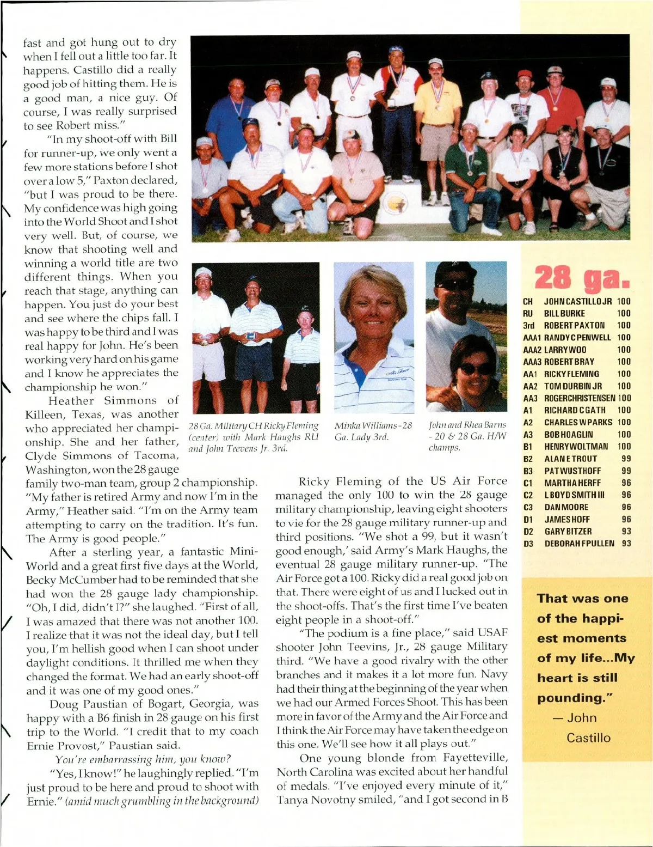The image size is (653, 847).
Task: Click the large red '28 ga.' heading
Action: point(582,278)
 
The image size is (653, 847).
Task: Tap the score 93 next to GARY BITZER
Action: point(626,531)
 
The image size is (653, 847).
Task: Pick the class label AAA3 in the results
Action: point(531,362)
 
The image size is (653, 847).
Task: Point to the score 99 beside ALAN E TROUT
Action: point(626,459)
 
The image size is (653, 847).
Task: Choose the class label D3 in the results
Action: point(528,544)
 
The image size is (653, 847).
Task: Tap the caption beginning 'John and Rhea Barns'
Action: point(467,436)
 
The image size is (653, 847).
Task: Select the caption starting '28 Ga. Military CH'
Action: point(253,436)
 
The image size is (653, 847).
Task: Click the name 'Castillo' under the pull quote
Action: point(588,738)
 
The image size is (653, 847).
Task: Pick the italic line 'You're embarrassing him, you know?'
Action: point(143,759)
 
